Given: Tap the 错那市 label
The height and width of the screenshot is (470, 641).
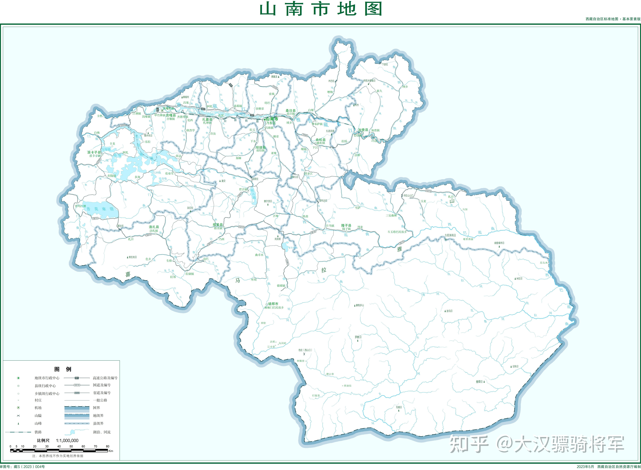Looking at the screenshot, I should click(x=273, y=304).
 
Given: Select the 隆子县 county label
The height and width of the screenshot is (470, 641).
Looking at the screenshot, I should click(x=346, y=225).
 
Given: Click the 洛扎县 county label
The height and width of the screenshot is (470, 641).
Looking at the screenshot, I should click(x=154, y=227).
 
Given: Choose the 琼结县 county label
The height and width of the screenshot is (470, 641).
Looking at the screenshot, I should click(x=261, y=147).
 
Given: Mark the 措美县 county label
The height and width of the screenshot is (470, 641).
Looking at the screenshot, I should click(x=218, y=225).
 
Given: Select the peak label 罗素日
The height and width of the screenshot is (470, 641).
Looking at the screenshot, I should click(x=358, y=337).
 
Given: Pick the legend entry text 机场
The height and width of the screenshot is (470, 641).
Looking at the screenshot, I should click(x=38, y=408).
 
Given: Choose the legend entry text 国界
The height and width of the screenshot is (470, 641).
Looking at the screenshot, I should click(x=96, y=408).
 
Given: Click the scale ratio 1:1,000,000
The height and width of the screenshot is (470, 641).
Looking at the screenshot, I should click(x=67, y=440).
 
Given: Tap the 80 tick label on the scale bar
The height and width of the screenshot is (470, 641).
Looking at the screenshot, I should click(x=107, y=446).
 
